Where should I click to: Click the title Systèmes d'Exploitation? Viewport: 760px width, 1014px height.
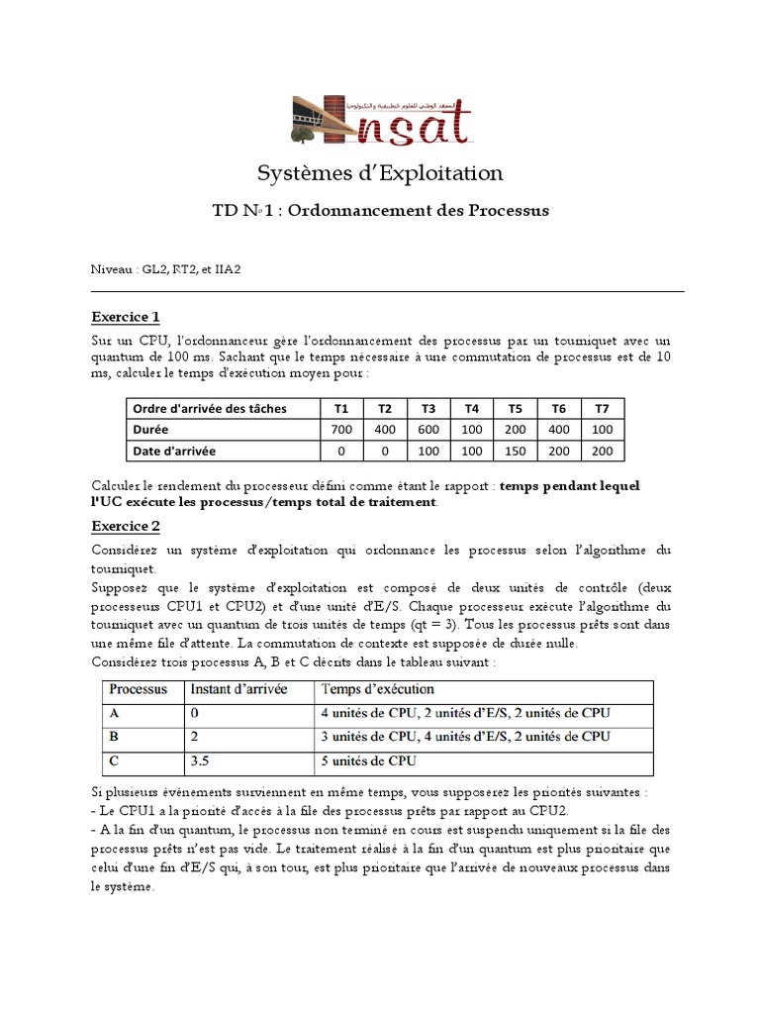point(380,174)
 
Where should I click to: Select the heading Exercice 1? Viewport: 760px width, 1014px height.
point(126,317)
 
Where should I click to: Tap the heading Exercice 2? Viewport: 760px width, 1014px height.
point(126,526)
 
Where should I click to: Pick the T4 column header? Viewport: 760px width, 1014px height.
point(471,409)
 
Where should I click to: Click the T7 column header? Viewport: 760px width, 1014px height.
point(602,409)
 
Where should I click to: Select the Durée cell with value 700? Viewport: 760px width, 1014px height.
point(341,430)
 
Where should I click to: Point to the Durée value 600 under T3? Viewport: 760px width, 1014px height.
point(428,430)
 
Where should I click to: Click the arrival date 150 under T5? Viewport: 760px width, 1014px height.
point(515,452)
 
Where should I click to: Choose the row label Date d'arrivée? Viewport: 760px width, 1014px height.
point(174,452)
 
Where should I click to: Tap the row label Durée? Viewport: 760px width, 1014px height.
point(150,430)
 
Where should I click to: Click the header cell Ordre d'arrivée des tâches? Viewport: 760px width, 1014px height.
point(206,409)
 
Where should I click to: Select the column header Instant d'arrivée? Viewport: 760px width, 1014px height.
point(238,689)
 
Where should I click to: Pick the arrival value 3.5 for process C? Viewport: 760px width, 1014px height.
point(201,761)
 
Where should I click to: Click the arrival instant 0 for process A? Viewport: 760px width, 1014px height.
point(195,713)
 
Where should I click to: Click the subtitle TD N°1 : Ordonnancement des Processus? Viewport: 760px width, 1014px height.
point(380,211)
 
